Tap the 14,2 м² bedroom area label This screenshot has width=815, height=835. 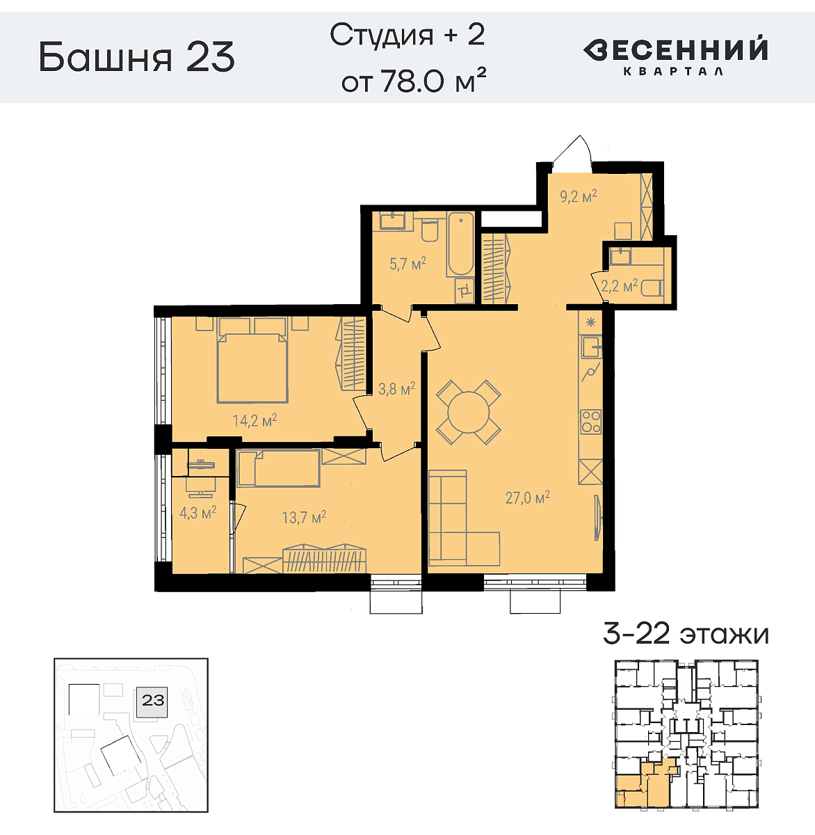click(x=255, y=420)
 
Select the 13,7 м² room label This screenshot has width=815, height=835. click(x=304, y=517)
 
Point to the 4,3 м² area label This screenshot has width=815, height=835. click(x=197, y=513)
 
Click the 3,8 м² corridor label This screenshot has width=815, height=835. click(x=396, y=388)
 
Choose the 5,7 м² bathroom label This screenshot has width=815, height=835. click(x=407, y=264)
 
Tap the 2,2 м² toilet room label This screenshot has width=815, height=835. click(x=619, y=285)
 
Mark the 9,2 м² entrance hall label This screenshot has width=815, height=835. click(x=579, y=196)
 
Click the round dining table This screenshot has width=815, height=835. click(x=468, y=413)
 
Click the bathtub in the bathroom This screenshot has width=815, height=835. click(x=460, y=245)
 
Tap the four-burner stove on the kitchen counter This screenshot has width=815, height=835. click(x=591, y=421)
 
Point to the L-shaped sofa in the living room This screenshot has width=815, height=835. click(x=459, y=522)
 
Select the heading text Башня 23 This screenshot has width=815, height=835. click(x=137, y=57)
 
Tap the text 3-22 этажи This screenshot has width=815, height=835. click(x=686, y=634)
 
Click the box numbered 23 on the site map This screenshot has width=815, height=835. click(x=153, y=700)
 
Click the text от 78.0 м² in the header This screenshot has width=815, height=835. click(x=413, y=82)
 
